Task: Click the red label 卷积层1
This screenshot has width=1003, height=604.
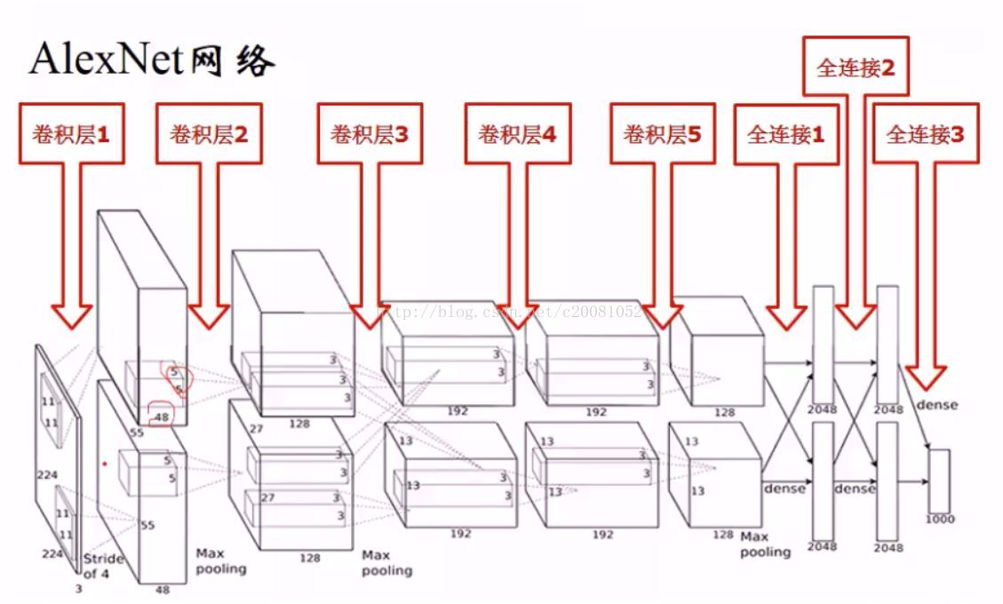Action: click(70, 135)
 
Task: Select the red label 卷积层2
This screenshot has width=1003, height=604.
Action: click(209, 135)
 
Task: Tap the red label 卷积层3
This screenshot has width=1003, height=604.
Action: click(370, 135)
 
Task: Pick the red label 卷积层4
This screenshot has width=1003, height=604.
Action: click(517, 135)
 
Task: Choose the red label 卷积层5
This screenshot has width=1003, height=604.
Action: click(662, 135)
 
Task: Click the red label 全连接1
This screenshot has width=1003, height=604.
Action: click(786, 135)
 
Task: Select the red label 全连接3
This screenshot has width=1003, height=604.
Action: click(925, 135)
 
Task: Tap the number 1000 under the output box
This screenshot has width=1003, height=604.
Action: click(939, 519)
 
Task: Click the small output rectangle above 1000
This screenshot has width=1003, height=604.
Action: click(939, 481)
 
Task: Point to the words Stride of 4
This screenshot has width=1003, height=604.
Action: click(103, 566)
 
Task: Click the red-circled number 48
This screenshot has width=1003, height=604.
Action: click(162, 416)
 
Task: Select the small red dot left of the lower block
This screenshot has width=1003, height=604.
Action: click(105, 463)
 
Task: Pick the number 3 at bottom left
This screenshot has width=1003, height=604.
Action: click(77, 588)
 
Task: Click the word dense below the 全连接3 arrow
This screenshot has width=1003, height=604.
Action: click(936, 405)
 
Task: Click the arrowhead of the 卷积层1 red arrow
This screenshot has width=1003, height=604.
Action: click(71, 314)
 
